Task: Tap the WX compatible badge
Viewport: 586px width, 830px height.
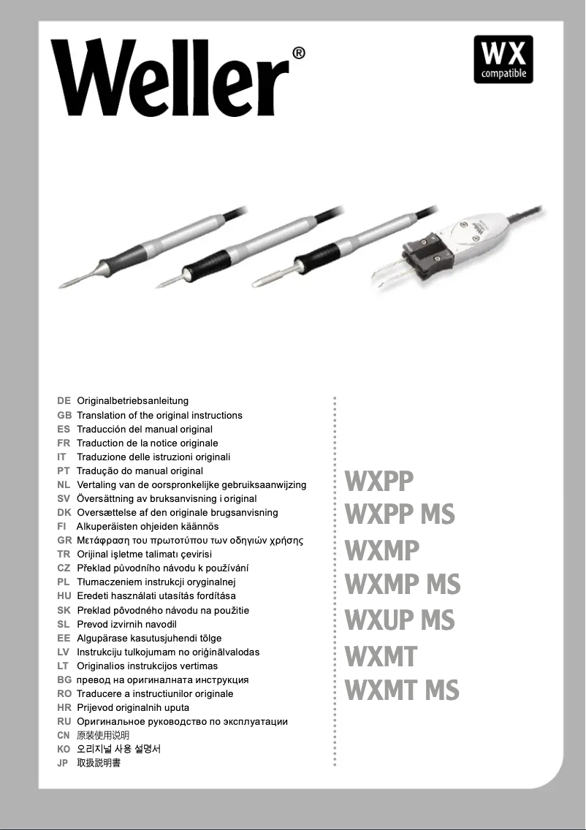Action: [x=503, y=59]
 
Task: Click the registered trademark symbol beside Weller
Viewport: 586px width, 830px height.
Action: [x=298, y=53]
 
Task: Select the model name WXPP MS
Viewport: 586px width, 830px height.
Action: [x=400, y=514]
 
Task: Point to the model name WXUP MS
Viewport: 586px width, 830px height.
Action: [x=400, y=620]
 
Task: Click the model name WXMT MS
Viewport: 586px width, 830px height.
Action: [x=402, y=690]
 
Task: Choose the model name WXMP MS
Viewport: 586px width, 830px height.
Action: [x=403, y=585]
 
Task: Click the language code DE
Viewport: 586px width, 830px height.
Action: [x=64, y=401]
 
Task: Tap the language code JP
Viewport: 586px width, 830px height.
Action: [x=63, y=764]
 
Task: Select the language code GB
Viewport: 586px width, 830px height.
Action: [x=64, y=415]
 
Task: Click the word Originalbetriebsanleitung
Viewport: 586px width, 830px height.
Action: [x=133, y=401]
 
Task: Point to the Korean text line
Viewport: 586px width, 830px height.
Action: [x=118, y=750]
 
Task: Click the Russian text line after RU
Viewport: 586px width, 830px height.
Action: [x=182, y=722]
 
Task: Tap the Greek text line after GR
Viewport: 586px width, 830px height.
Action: [x=190, y=541]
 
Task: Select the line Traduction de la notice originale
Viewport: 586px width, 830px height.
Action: [x=148, y=443]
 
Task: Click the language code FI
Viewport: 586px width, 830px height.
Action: [x=62, y=527]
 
